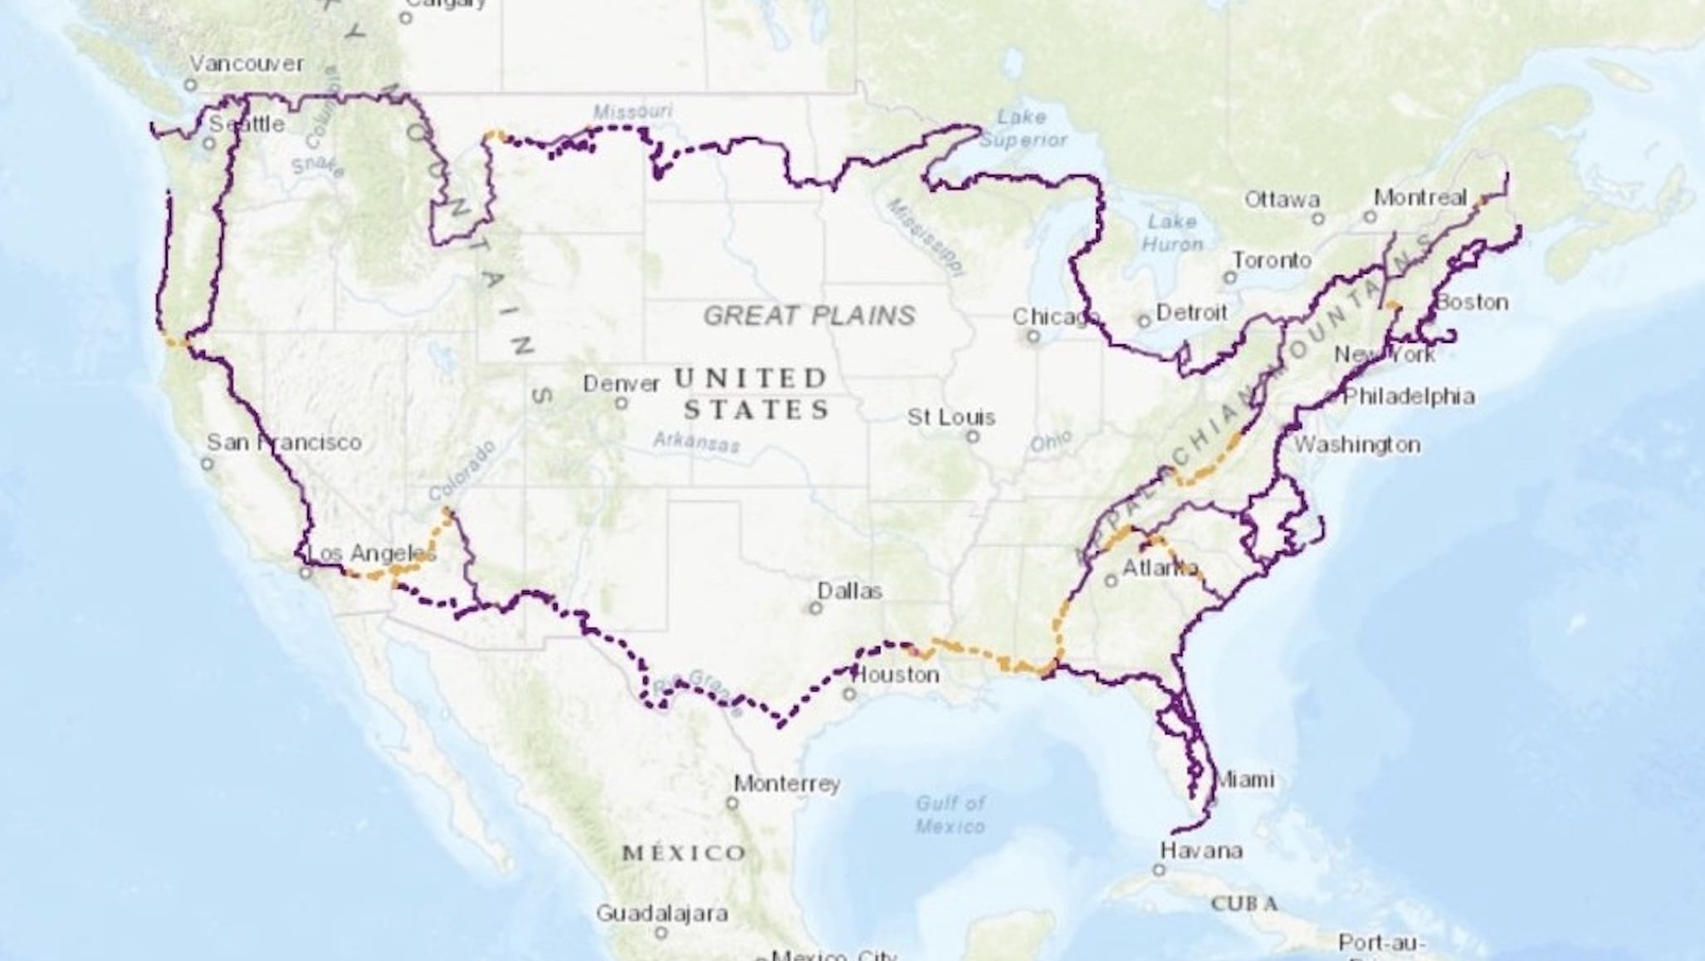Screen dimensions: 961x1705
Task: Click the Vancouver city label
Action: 247,64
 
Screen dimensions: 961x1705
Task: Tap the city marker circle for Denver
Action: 621,403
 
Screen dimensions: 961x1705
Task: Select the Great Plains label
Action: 809,315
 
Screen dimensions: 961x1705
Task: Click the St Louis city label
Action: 950,417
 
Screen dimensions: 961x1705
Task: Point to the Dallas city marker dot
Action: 815,608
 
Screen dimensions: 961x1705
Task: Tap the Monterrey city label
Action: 787,783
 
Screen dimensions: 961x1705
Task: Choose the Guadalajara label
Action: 662,914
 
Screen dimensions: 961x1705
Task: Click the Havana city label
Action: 1201,851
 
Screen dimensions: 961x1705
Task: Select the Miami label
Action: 1243,780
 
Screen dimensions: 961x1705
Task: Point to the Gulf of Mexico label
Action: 950,814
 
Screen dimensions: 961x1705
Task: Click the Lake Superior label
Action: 1022,129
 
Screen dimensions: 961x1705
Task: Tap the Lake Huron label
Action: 1172,232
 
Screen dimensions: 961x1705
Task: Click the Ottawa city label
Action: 1282,199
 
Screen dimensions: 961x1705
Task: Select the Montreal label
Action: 1420,198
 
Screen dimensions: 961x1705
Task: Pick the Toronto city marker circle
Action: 1230,278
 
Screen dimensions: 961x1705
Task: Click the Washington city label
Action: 1357,445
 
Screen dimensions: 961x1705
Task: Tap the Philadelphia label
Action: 1409,397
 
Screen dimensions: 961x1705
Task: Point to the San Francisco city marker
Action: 208,463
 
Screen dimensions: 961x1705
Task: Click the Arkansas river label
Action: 696,441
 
